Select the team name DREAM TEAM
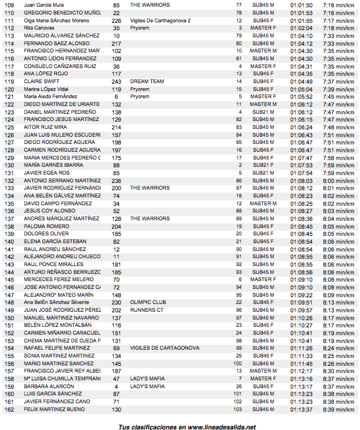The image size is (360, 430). (147, 81)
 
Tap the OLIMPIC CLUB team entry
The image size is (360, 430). (148, 302)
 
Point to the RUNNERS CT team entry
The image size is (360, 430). (147, 310)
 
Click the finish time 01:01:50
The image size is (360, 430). (301, 4)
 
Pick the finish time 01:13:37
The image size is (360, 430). (301, 409)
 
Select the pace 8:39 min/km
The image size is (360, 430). (339, 409)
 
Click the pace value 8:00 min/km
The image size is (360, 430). (339, 181)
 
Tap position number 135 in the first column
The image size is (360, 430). (8, 204)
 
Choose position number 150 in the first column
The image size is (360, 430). (8, 318)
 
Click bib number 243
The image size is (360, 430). (116, 81)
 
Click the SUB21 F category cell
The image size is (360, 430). (263, 165)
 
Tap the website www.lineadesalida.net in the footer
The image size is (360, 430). (222, 427)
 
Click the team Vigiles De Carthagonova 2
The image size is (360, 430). (160, 20)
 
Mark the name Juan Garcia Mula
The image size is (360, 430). (44, 4)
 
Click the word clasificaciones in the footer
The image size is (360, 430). (153, 427)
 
